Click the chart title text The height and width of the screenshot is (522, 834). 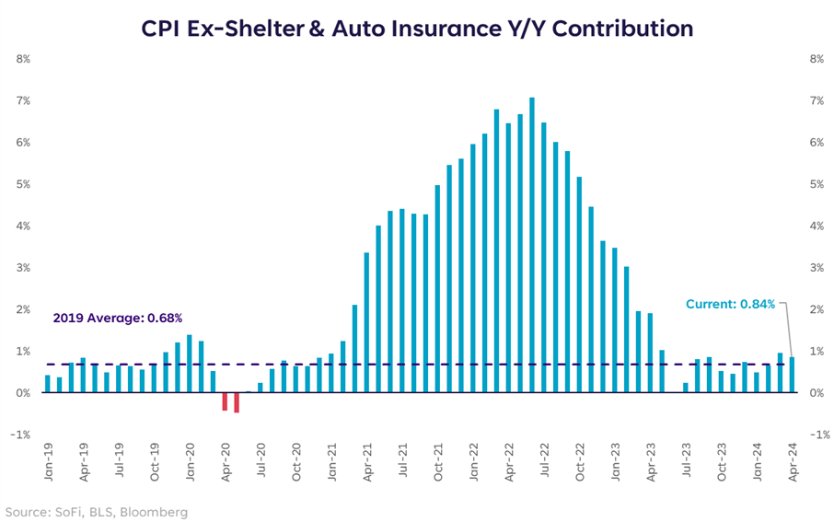click(x=417, y=29)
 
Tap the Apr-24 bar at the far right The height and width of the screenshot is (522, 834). click(x=792, y=375)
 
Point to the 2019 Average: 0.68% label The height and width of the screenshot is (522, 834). click(x=117, y=319)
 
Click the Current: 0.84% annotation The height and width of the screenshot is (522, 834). click(x=730, y=304)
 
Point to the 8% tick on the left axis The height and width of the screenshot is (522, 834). click(x=23, y=59)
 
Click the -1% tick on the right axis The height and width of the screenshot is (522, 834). click(x=816, y=435)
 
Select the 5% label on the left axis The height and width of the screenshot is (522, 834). click(x=23, y=184)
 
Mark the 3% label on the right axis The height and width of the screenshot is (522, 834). click(x=816, y=268)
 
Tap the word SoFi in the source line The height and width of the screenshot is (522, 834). click(x=75, y=511)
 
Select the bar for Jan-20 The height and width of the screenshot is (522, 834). click(x=189, y=364)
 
